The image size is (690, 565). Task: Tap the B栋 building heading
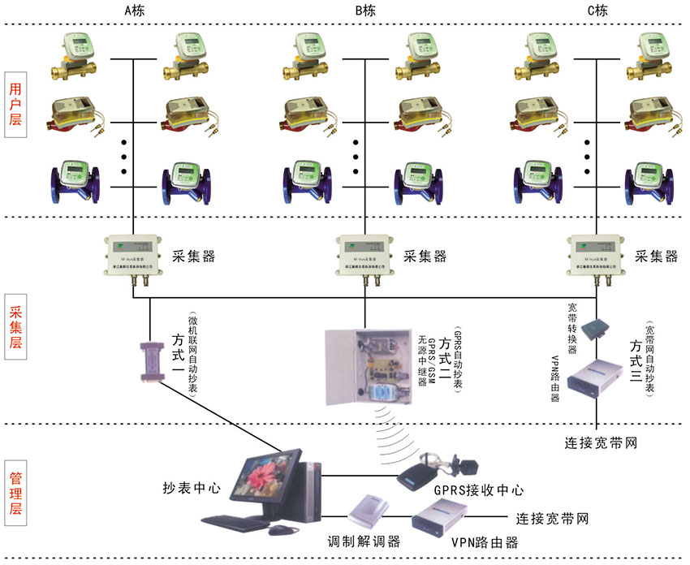(x=365, y=11)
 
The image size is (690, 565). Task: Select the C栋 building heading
(x=597, y=11)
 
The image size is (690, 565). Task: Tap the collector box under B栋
(x=365, y=257)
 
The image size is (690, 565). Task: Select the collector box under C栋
(x=597, y=257)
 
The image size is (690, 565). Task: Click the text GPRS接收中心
(x=478, y=490)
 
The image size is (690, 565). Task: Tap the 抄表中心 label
(x=192, y=488)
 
